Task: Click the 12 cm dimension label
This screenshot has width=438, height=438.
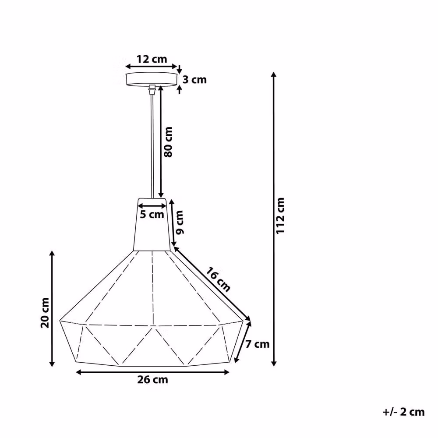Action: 152,59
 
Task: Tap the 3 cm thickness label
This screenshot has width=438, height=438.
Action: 195,80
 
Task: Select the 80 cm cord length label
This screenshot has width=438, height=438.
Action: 168,142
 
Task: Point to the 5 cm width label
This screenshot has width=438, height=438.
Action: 152,215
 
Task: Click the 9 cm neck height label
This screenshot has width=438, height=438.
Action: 180,223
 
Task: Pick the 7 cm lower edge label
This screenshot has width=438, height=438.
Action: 257,344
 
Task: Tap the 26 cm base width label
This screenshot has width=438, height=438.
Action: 152,380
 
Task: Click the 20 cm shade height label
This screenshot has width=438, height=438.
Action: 45,313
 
